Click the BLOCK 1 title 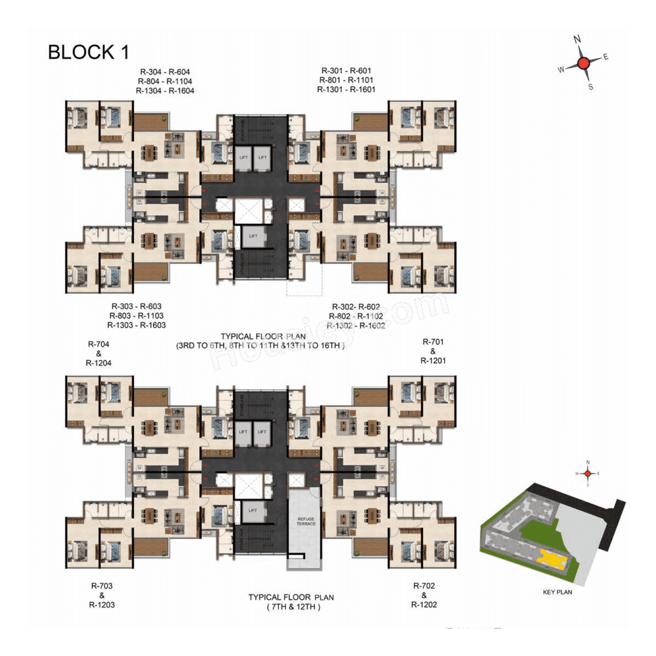pos(88,52)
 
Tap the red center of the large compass pos(583,63)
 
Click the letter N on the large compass pos(577,39)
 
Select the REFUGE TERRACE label pos(306,521)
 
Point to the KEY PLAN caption pos(557,592)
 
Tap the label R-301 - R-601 pos(346,71)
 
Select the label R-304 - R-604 pos(165,72)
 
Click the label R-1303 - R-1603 pos(136,325)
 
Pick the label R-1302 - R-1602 pos(356,325)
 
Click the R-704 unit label pos(98,344)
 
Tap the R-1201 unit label pos(433,361)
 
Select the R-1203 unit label pos(102,605)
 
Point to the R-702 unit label pos(424,586)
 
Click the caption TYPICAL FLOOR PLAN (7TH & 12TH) pos(291,602)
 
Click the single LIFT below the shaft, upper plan pos(253,236)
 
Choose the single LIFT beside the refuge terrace pos(253,511)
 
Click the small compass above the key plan pos(588,474)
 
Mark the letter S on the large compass pos(590,87)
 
